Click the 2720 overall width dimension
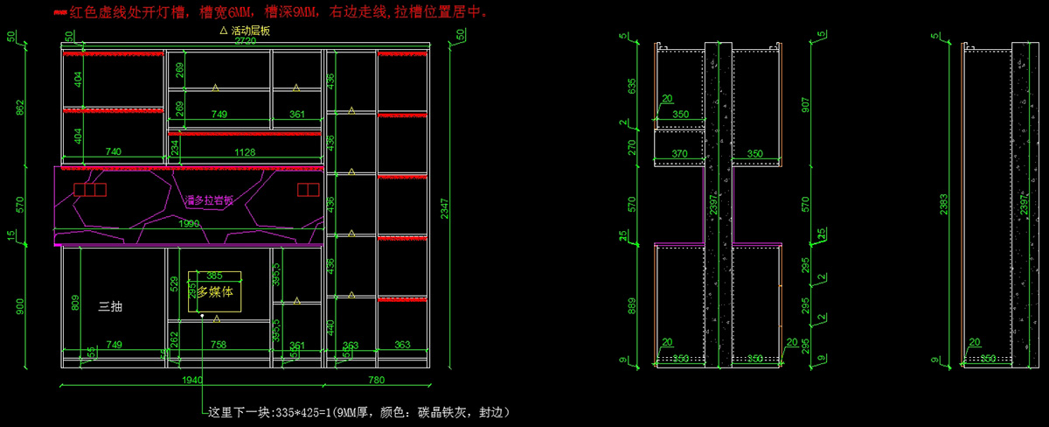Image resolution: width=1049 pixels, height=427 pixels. [245, 41]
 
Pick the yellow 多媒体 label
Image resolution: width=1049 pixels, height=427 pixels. [215, 292]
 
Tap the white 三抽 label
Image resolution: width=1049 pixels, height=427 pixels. [110, 307]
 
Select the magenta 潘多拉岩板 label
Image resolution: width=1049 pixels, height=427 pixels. [209, 200]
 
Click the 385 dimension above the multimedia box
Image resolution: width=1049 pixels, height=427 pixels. [214, 276]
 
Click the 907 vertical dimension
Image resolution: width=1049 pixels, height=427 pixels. [806, 103]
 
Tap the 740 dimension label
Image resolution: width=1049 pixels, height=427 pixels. [113, 152]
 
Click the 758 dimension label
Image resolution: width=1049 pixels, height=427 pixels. [219, 346]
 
